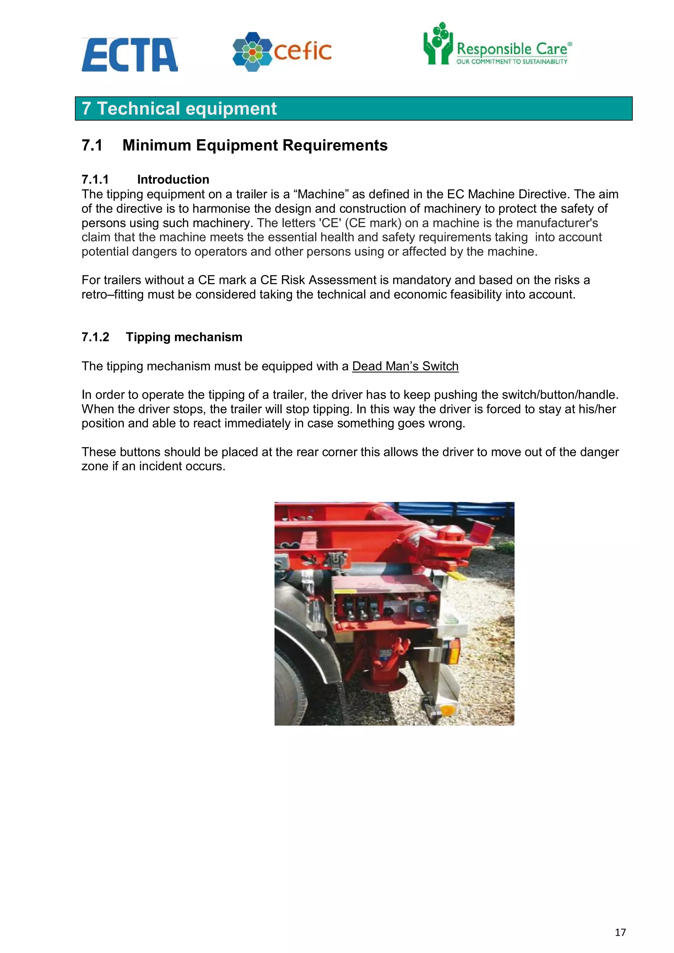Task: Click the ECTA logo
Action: tap(130, 55)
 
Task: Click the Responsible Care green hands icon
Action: tap(437, 44)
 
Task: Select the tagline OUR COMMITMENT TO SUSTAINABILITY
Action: tap(512, 62)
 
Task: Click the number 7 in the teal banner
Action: tap(86, 109)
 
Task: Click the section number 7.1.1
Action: tap(95, 179)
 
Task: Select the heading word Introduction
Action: tap(173, 179)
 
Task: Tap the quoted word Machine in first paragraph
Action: tap(321, 194)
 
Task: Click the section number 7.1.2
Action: tap(95, 337)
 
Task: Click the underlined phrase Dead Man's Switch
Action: tap(405, 366)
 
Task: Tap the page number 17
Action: tap(620, 932)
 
